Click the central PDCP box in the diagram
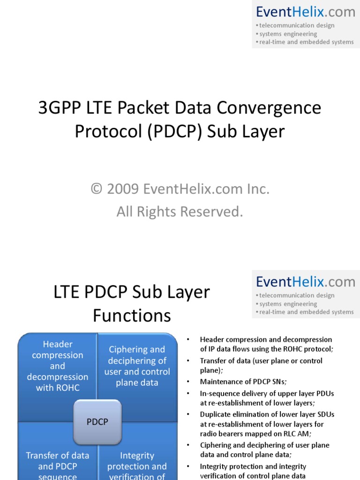coord(97,422)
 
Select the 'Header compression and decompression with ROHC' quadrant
coord(58,366)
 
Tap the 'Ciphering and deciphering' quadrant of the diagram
coord(137,366)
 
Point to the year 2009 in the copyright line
coord(123,189)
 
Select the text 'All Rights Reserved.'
coord(180,212)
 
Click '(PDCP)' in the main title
coord(176,131)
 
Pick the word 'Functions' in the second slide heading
coord(132,316)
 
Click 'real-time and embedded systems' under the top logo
coord(307,42)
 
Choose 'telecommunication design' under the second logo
coord(297,295)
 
